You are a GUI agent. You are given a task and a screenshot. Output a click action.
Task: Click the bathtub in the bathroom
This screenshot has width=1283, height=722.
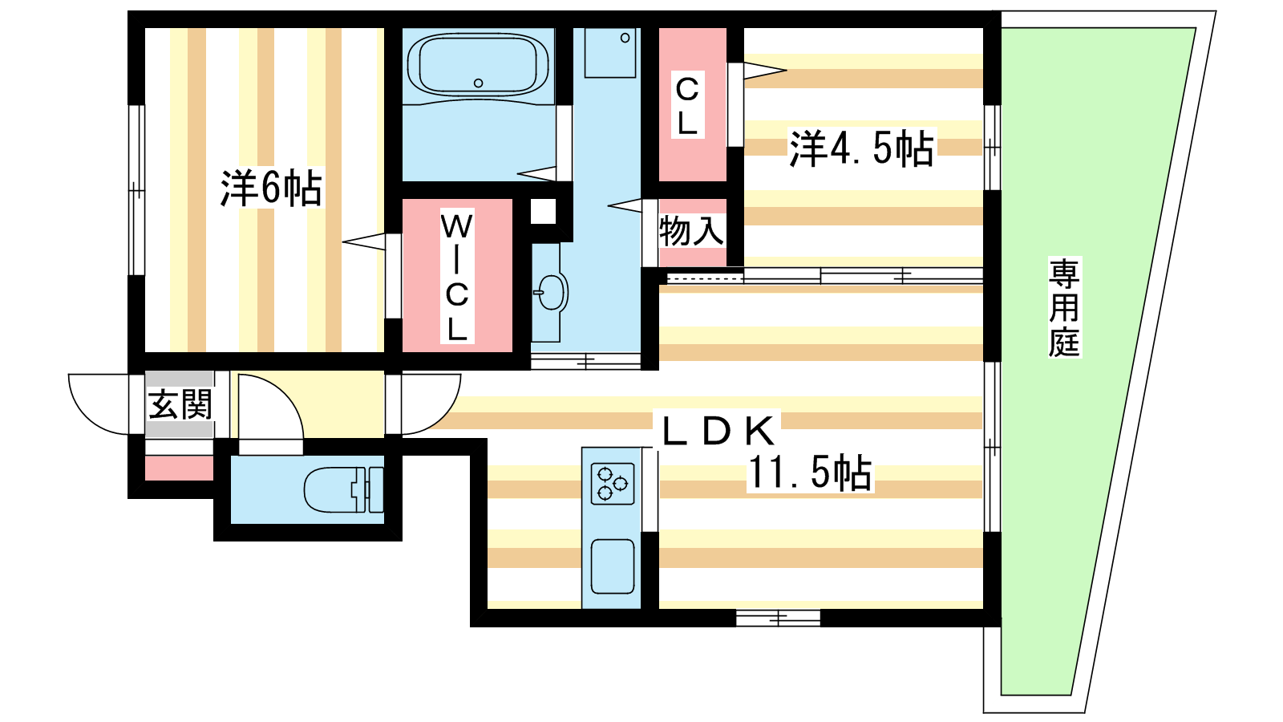pyautogui.click(x=478, y=65)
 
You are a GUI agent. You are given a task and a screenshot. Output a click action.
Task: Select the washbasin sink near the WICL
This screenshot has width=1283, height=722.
pyautogui.click(x=551, y=292)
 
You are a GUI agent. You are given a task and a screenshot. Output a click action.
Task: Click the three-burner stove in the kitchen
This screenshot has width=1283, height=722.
pyautogui.click(x=613, y=484)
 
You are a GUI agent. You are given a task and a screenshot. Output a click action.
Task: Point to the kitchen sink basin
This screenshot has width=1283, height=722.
pyautogui.click(x=613, y=566)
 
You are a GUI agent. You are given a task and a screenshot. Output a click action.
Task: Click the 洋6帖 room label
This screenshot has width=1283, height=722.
pyautogui.click(x=271, y=188)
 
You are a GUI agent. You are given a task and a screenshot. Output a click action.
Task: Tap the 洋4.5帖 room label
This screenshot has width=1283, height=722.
pyautogui.click(x=861, y=148)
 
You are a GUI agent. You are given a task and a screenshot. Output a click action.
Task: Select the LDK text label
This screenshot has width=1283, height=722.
pyautogui.click(x=719, y=431)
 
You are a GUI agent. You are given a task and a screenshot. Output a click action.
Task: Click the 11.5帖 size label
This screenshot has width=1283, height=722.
pyautogui.click(x=810, y=473)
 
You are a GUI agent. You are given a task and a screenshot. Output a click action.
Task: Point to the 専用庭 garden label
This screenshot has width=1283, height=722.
pyautogui.click(x=1064, y=308)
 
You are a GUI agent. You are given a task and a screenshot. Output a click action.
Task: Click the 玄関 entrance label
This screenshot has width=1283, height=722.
pyautogui.click(x=180, y=404)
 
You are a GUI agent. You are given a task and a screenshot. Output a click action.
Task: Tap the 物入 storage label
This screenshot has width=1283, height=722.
pyautogui.click(x=691, y=231)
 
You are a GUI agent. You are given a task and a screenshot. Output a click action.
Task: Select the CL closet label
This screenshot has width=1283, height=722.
pyautogui.click(x=687, y=106)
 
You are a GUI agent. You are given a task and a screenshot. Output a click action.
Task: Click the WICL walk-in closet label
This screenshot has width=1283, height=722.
pyautogui.click(x=456, y=277)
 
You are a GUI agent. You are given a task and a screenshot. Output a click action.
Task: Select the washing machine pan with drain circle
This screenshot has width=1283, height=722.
pyautogui.click(x=610, y=53)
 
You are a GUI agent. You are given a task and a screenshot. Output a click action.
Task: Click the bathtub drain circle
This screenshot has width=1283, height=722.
pyautogui.click(x=478, y=83)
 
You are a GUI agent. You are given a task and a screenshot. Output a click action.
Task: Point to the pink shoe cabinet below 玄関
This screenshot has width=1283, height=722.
pyautogui.click(x=180, y=468)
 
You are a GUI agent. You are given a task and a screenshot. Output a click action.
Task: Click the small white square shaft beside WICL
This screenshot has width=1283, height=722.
pyautogui.click(x=543, y=212)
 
